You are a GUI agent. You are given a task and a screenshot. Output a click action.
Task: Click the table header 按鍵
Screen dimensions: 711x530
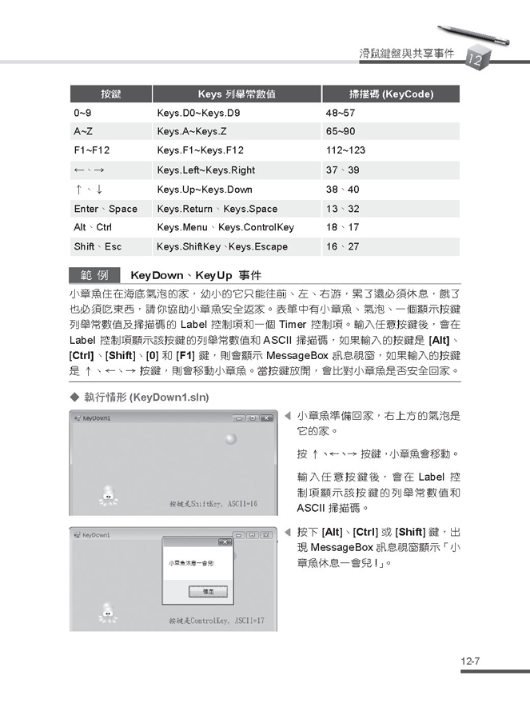point(110,94)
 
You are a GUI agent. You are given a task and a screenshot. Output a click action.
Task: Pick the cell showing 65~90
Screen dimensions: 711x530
point(341,131)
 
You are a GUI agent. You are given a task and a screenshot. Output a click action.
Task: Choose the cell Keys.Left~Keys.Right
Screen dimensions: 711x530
point(205,170)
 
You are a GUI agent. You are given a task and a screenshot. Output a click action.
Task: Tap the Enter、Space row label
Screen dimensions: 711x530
point(106,209)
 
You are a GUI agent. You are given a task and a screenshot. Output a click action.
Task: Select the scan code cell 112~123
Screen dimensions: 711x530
point(345,150)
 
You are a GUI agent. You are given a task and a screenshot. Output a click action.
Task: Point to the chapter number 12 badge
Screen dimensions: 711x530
point(473,58)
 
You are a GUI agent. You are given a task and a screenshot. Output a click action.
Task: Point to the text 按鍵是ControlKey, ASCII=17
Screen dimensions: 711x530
point(216,620)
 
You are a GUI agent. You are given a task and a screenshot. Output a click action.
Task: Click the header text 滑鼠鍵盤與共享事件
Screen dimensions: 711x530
point(407,54)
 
